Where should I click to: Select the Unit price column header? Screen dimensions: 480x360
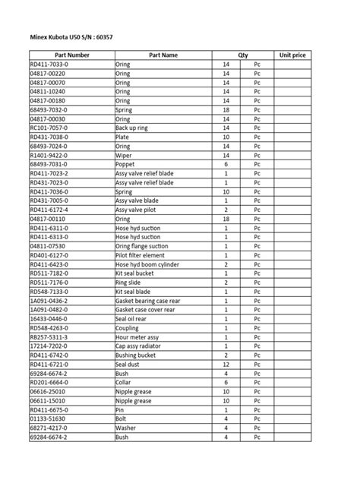click(x=292, y=55)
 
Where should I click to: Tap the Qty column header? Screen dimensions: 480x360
click(x=243, y=55)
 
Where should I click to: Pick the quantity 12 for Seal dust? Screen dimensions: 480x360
click(x=226, y=364)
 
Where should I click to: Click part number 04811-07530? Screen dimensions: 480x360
click(x=48, y=246)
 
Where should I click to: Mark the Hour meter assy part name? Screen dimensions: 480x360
click(x=137, y=336)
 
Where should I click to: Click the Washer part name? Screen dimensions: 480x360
click(x=126, y=428)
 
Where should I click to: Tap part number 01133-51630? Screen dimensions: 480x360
click(x=48, y=418)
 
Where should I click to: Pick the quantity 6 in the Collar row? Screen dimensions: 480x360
click(x=226, y=382)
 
